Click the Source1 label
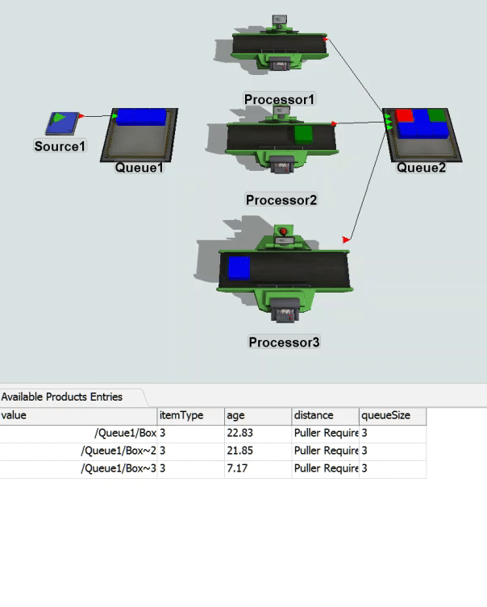point(60,147)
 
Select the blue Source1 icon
point(61,123)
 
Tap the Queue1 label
point(139,168)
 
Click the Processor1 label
point(280,99)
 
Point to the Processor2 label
point(281,199)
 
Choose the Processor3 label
point(284,342)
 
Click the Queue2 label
point(421,168)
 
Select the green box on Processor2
point(303,134)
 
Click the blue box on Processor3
point(238,268)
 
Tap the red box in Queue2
point(405,115)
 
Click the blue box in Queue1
point(142,117)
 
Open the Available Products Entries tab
point(62,397)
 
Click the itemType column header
point(181,416)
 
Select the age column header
point(235,416)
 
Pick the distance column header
point(314,416)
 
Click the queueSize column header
point(385,416)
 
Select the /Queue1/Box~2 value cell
point(119,451)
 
